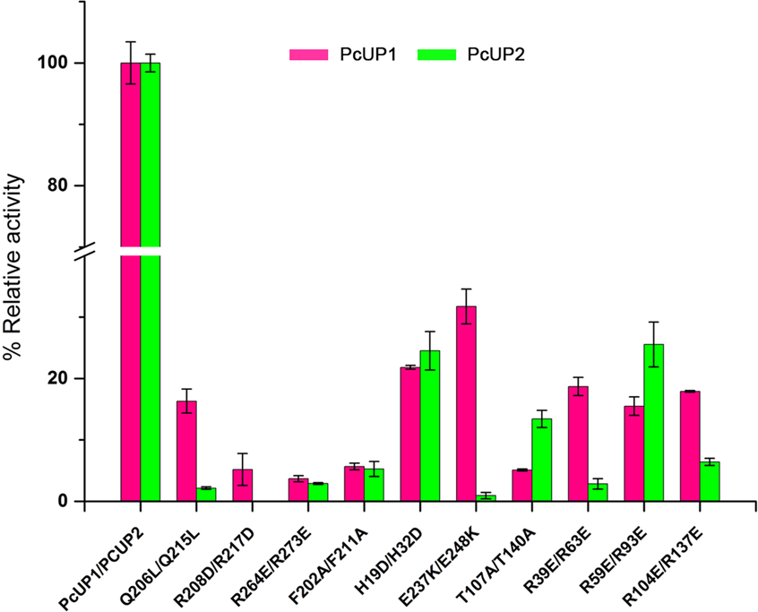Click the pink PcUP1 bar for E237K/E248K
pos(466,403)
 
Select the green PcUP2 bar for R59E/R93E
pos(654,422)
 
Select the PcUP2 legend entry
pos(472,55)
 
